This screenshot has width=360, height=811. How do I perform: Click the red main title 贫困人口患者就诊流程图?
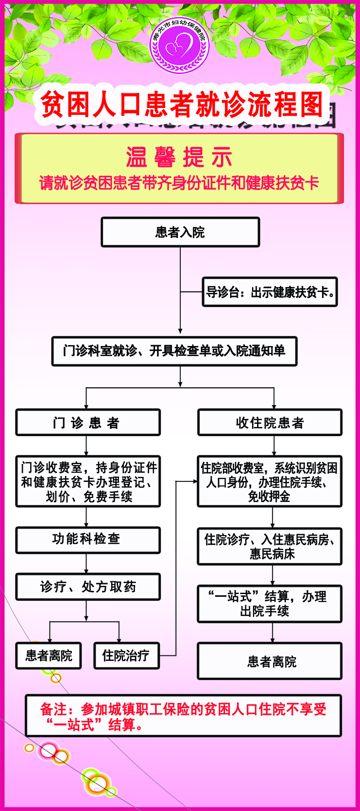pyautogui.click(x=182, y=105)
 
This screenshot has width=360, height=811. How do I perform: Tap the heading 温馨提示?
pyautogui.click(x=179, y=157)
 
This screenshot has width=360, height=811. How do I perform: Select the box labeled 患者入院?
pyautogui.click(x=180, y=232)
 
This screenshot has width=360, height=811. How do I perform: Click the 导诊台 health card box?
pyautogui.click(x=270, y=292)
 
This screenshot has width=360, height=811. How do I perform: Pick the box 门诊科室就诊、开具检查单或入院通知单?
pyautogui.click(x=174, y=351)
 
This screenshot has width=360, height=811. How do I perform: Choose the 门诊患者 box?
pyautogui.click(x=88, y=422)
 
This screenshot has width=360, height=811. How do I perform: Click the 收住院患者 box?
pyautogui.click(x=270, y=422)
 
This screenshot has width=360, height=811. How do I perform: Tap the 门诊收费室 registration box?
pyautogui.click(x=88, y=481)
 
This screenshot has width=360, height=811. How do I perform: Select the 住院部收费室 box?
pyautogui.click(x=270, y=481)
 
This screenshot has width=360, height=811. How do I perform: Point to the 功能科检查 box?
pyautogui.click(x=88, y=540)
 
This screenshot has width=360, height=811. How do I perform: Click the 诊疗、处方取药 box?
pyautogui.click(x=88, y=586)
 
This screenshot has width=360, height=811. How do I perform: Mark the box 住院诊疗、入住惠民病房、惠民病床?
pyautogui.click(x=270, y=546)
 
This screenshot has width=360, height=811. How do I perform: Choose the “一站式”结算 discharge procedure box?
pyautogui.click(x=270, y=604)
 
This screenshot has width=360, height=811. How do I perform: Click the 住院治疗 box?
pyautogui.click(x=126, y=656)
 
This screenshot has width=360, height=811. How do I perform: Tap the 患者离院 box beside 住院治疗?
pyautogui.click(x=48, y=656)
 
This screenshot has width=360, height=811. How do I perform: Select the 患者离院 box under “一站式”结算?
pyautogui.click(x=270, y=661)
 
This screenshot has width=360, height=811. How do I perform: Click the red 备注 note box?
pyautogui.click(x=183, y=716)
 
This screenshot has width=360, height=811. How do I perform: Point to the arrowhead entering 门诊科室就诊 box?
pyautogui.click(x=180, y=331)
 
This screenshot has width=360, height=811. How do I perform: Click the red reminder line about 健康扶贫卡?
pyautogui.click(x=179, y=184)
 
